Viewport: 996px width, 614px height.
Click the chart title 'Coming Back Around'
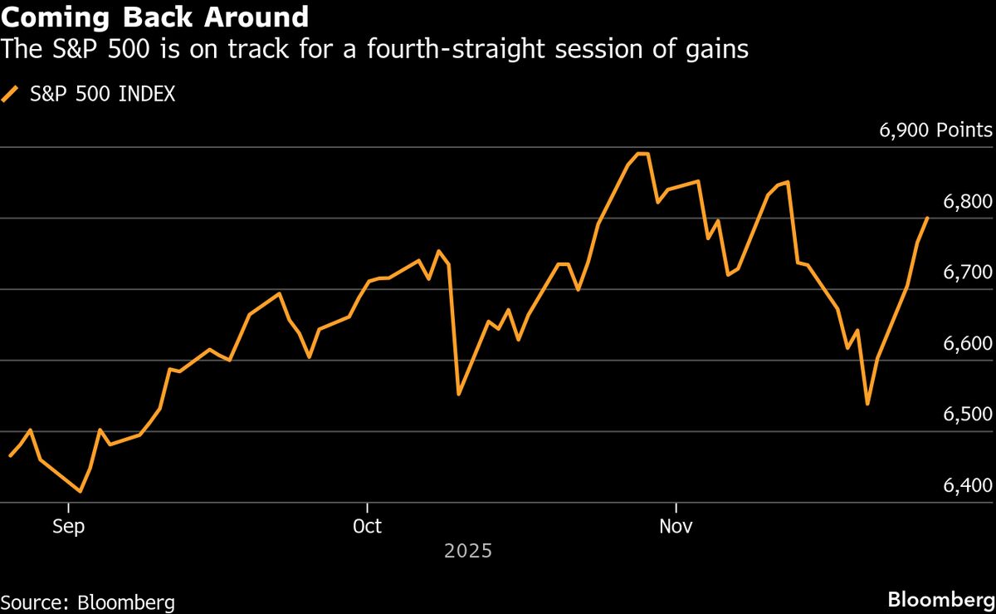pyautogui.click(x=155, y=17)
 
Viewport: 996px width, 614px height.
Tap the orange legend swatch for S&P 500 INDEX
pyautogui.click(x=11, y=95)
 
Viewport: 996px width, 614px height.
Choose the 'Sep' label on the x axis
pyautogui.click(x=68, y=527)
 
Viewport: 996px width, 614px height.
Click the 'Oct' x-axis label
pyautogui.click(x=367, y=527)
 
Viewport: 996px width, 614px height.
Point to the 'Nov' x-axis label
pyautogui.click(x=677, y=527)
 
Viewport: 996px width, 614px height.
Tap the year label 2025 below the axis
pyautogui.click(x=468, y=551)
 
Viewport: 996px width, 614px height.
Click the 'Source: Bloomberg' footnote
pyautogui.click(x=88, y=602)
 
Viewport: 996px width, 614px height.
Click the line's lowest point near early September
pyautogui.click(x=81, y=491)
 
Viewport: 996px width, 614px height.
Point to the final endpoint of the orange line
pyautogui.click(x=927, y=218)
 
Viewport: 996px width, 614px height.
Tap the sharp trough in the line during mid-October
pyautogui.click(x=459, y=394)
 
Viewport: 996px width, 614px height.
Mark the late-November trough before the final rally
pyautogui.click(x=867, y=404)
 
